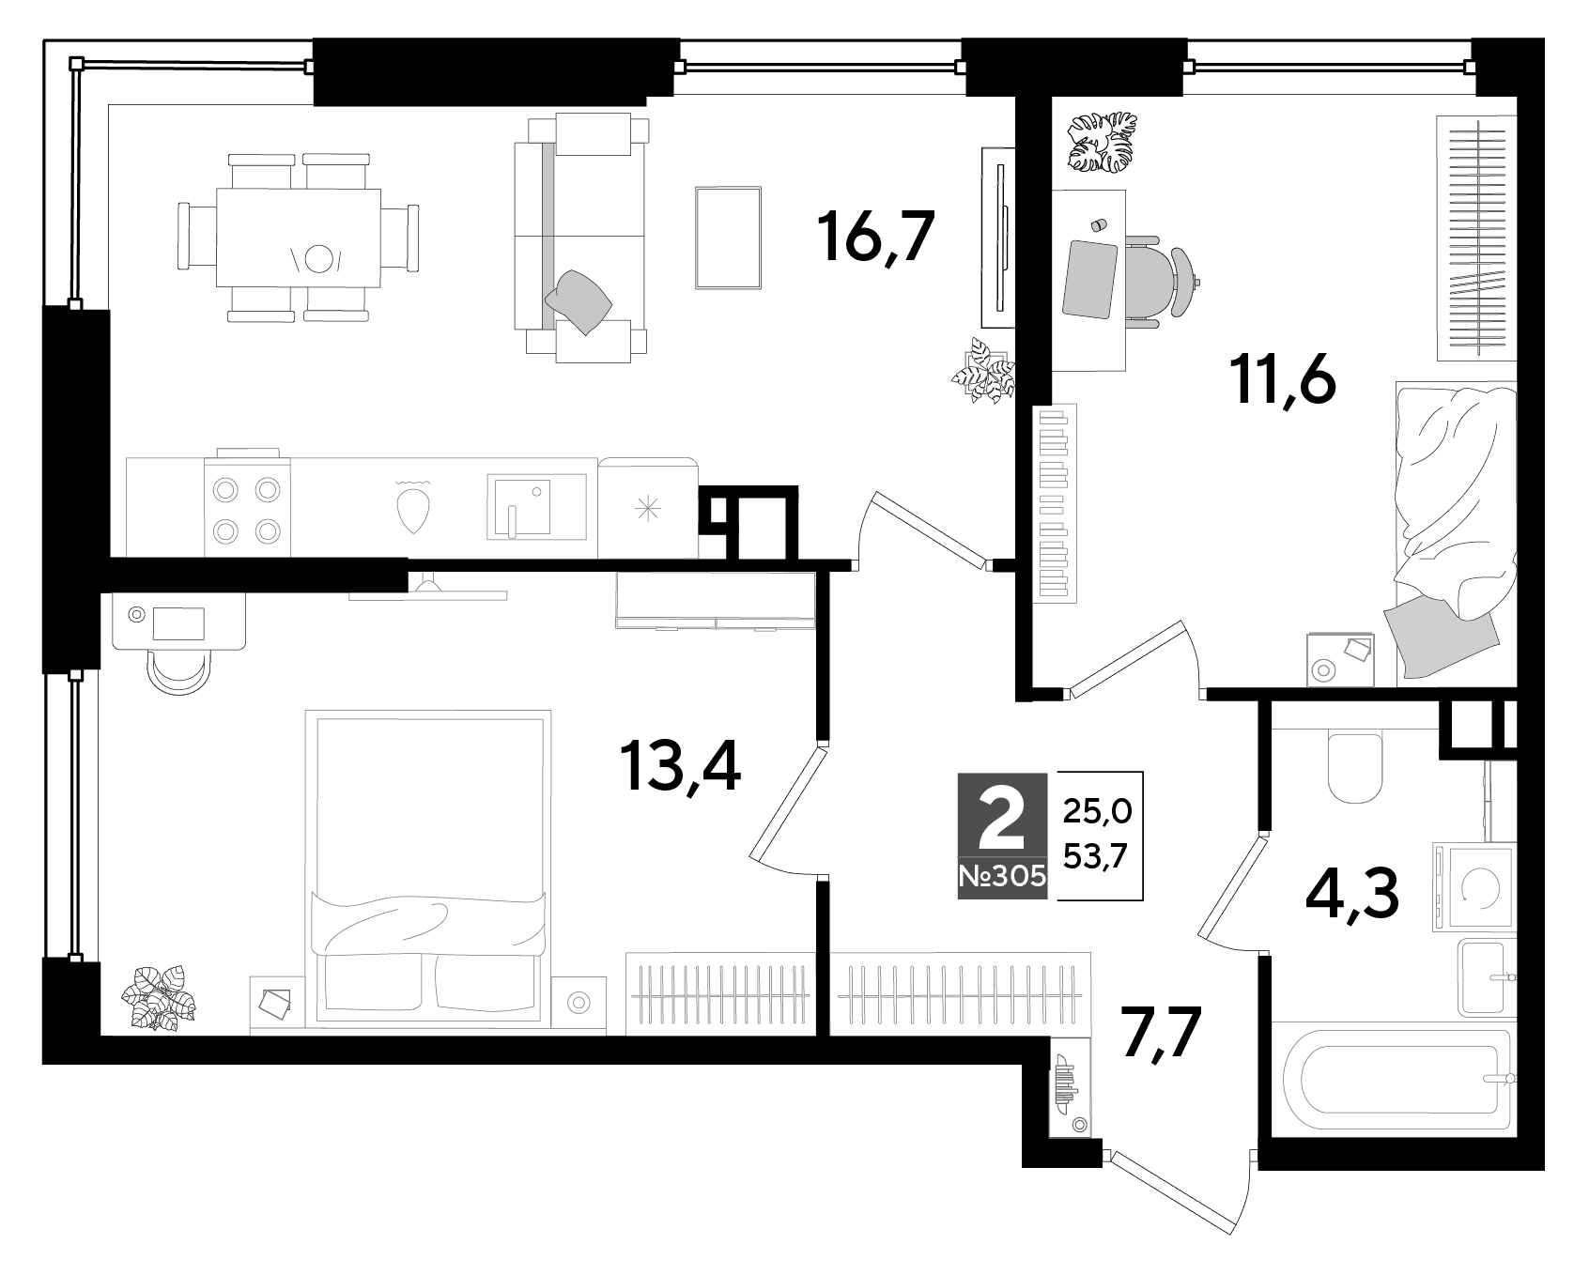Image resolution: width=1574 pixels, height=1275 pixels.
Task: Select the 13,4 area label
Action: [x=680, y=767]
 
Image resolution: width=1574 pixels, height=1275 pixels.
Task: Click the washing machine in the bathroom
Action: [x=1473, y=886]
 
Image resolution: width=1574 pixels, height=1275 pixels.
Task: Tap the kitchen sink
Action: [x=535, y=506]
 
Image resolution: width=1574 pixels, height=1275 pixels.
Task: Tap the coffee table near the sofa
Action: [x=729, y=238]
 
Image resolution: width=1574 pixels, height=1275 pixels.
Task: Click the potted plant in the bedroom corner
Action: [x=161, y=997]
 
